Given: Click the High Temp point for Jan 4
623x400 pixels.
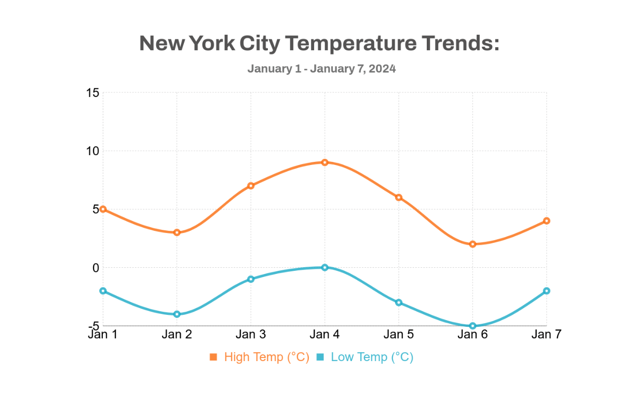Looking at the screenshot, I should point(324,162).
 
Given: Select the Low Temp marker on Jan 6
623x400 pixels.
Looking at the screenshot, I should point(472,326).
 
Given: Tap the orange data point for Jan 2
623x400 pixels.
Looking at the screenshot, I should point(177,232).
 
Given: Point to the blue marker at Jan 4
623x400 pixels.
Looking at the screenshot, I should point(324,268).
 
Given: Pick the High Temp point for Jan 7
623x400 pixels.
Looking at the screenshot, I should point(547,221).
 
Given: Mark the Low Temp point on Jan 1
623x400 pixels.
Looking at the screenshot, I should point(103,291).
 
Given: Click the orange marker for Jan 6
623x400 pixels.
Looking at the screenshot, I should point(472,244).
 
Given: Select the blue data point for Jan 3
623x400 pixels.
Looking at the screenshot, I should point(251,279).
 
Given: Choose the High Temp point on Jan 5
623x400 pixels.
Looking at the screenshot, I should point(399,198).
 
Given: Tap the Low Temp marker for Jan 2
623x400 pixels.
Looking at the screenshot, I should point(177,314).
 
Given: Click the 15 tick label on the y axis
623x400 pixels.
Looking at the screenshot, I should point(92,93).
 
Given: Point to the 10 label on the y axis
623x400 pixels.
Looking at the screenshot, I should point(92,151).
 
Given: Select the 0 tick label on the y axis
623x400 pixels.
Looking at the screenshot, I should point(96,268).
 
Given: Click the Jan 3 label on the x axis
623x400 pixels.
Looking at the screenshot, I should point(251,335).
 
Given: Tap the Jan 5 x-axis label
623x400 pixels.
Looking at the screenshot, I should point(399,335).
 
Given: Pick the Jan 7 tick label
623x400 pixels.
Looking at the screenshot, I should point(547,335).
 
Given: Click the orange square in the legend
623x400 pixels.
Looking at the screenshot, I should point(213,357).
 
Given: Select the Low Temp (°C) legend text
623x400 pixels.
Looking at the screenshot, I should point(372,357).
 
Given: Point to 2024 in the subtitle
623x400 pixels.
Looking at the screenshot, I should point(383,68).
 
